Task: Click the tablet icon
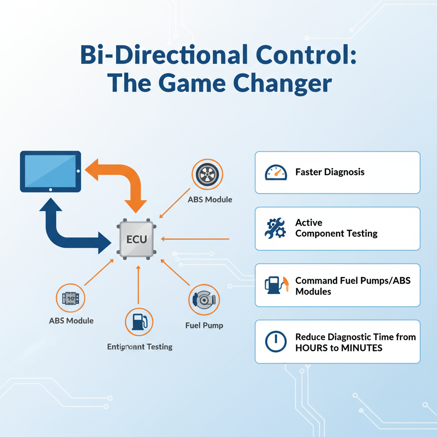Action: (x=50, y=171)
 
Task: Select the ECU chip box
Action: (x=137, y=239)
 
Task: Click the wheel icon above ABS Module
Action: (x=207, y=175)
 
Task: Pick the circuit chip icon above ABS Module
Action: (x=71, y=299)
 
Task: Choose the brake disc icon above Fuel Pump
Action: (x=204, y=300)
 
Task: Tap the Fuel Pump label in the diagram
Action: (x=204, y=325)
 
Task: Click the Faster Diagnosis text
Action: (x=330, y=172)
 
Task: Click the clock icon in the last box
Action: (x=276, y=342)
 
